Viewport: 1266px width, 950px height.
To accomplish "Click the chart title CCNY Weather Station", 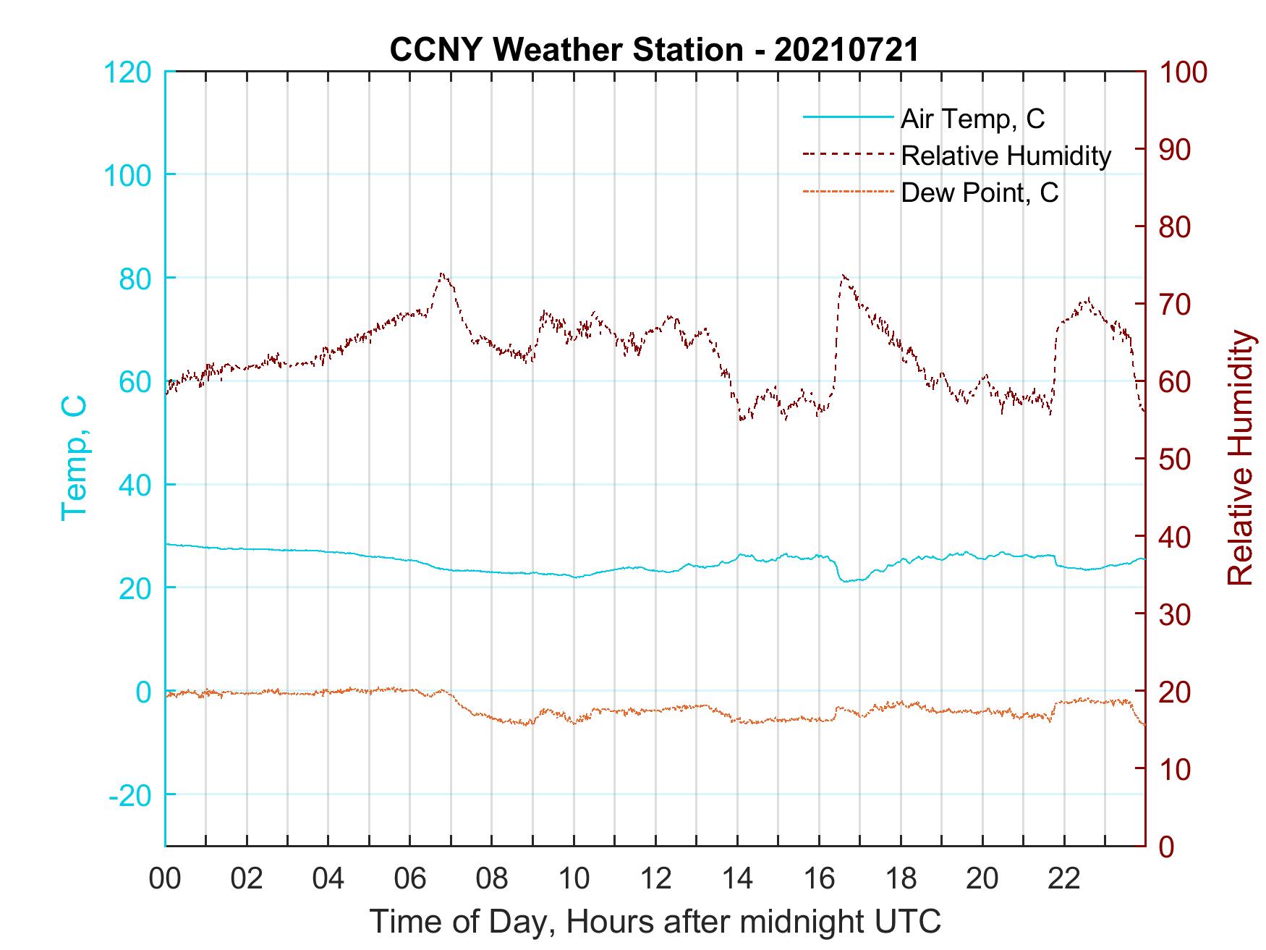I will pos(654,49).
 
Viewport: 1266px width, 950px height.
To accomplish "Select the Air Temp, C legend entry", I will pos(972,119).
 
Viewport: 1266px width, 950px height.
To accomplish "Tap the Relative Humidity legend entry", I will pos(1006,156).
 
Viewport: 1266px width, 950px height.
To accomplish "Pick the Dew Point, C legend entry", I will pos(980,192).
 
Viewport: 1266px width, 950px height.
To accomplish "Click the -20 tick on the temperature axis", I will pos(130,795).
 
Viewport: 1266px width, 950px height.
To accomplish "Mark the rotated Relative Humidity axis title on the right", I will pos(1240,458).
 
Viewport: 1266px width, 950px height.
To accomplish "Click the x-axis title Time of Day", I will pos(655,922).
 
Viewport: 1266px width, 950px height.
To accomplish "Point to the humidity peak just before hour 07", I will pos(442,274).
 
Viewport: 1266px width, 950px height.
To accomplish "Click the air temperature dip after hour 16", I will pos(844,580).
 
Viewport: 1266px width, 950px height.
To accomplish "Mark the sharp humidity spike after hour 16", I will pos(844,276).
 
